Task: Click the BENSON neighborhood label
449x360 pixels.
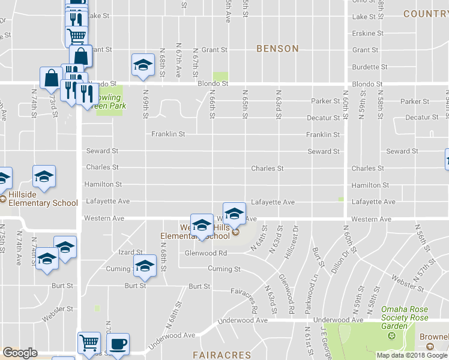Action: coord(277,49)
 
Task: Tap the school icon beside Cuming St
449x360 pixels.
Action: coord(145,266)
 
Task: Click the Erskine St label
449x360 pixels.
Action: coord(368,34)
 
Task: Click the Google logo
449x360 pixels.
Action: coord(20,353)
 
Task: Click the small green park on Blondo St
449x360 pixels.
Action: coord(221,77)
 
